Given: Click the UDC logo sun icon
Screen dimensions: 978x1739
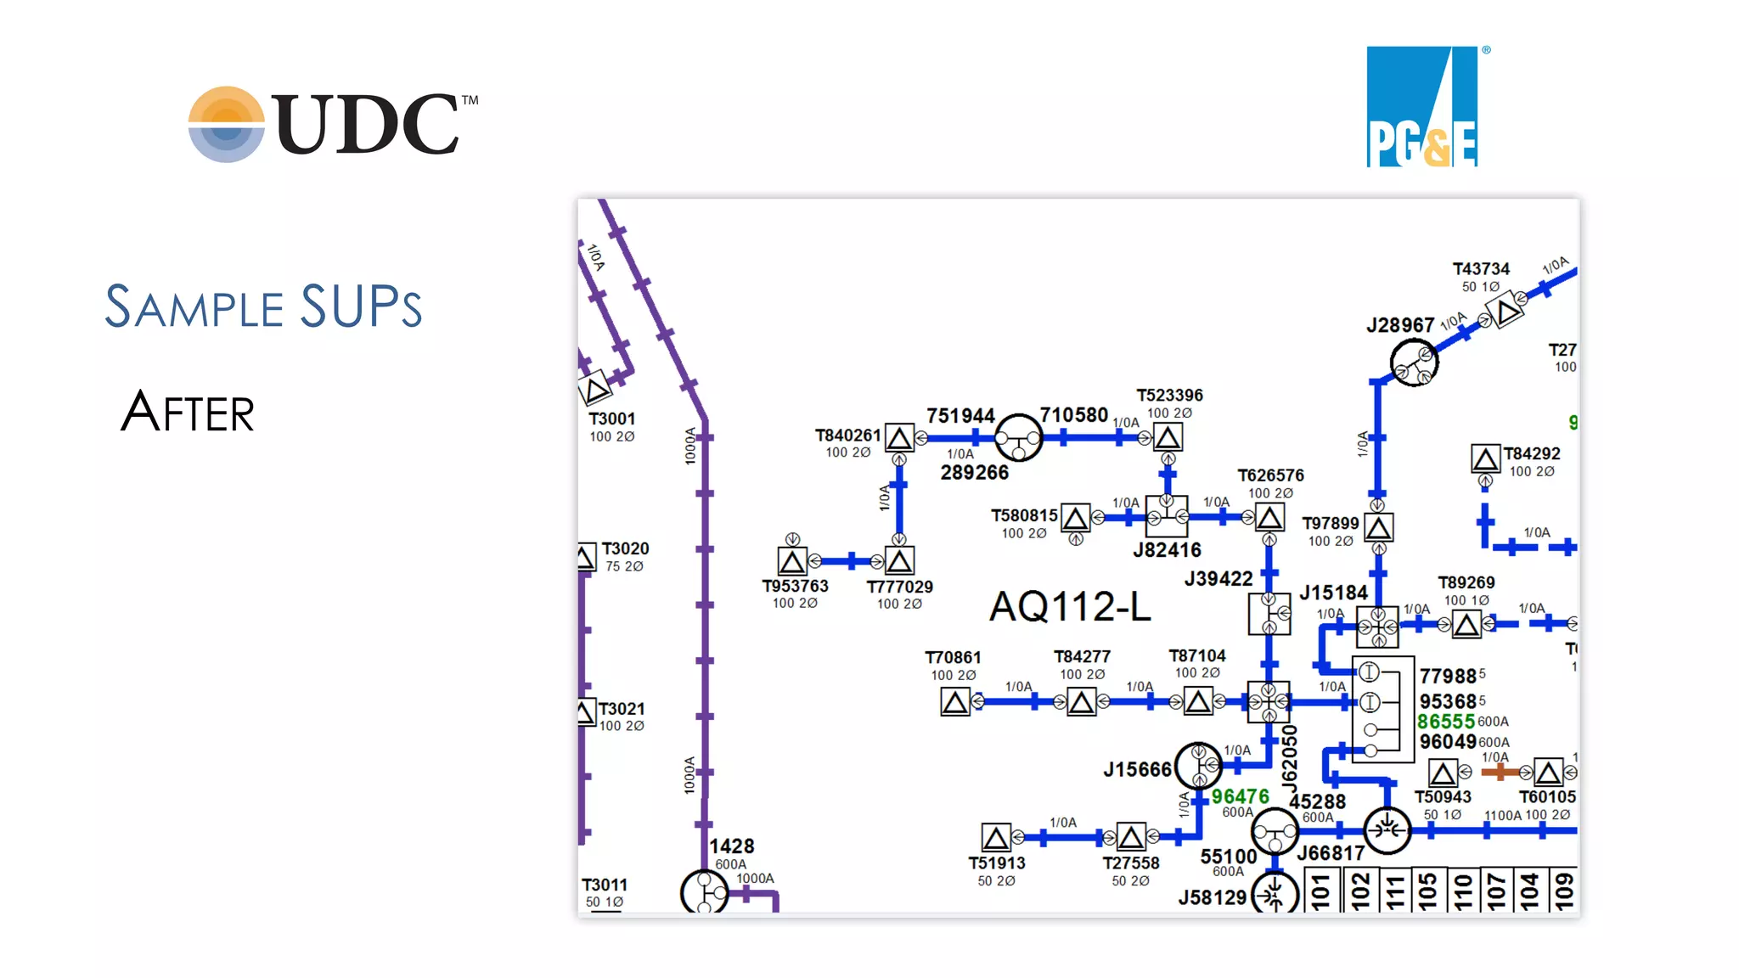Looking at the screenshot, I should click(226, 124).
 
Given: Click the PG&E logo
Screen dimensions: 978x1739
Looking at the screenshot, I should click(1422, 107).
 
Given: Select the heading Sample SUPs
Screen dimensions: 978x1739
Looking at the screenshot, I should click(263, 306).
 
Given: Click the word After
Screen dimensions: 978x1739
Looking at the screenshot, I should click(188, 413).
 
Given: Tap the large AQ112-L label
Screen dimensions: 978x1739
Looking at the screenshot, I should click(1070, 607).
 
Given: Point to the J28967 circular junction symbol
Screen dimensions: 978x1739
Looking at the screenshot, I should click(1414, 363).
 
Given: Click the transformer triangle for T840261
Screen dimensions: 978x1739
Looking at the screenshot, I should click(899, 438).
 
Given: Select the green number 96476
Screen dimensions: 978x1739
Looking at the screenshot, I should click(1240, 796).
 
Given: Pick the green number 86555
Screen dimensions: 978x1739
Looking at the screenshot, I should click(1445, 722).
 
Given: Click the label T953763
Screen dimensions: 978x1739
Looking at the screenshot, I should click(795, 586).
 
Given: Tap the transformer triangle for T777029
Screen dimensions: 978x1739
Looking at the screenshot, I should click(899, 561).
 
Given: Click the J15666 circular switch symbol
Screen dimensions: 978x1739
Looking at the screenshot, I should click(1198, 766).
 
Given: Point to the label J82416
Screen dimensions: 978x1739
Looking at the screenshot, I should click(1167, 550).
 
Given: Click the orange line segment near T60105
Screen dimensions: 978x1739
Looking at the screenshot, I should click(1500, 772).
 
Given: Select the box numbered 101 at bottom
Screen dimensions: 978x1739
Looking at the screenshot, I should click(1320, 891).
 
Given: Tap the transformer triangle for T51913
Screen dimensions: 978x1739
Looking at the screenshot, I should click(996, 838).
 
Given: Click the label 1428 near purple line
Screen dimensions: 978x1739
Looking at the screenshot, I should click(731, 846).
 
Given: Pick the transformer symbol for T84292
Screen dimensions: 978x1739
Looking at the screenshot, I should click(1485, 459).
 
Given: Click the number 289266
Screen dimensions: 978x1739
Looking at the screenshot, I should click(974, 473).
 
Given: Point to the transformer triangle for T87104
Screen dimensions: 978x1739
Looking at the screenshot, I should click(1198, 701).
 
